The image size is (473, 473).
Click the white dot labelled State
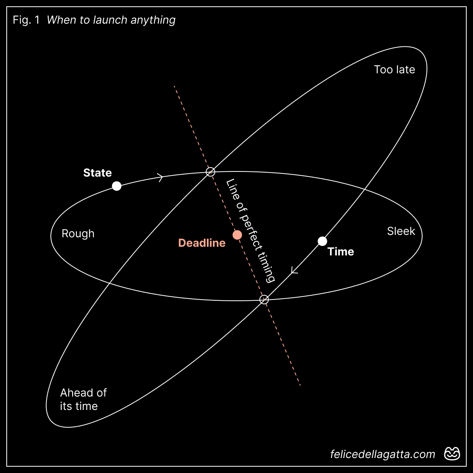pyautogui.click(x=117, y=186)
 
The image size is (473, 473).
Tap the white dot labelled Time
pyautogui.click(x=322, y=241)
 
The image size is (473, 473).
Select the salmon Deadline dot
pyautogui.click(x=237, y=235)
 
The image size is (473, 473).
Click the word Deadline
pyautogui.click(x=202, y=243)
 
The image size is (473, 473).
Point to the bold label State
pyautogui.click(x=97, y=173)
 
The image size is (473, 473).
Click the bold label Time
pyautogui.click(x=341, y=251)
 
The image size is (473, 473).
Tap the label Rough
pyautogui.click(x=78, y=234)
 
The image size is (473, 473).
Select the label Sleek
pyautogui.click(x=401, y=231)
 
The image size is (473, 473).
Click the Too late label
pyautogui.click(x=394, y=70)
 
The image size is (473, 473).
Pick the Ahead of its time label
pyautogui.click(x=83, y=399)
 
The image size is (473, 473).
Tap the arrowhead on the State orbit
pyautogui.click(x=160, y=177)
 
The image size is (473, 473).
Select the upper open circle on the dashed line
pyautogui.click(x=211, y=171)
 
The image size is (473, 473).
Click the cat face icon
pyautogui.click(x=452, y=454)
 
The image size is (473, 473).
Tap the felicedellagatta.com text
pyautogui.click(x=382, y=454)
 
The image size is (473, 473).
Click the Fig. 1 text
pyautogui.click(x=26, y=20)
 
